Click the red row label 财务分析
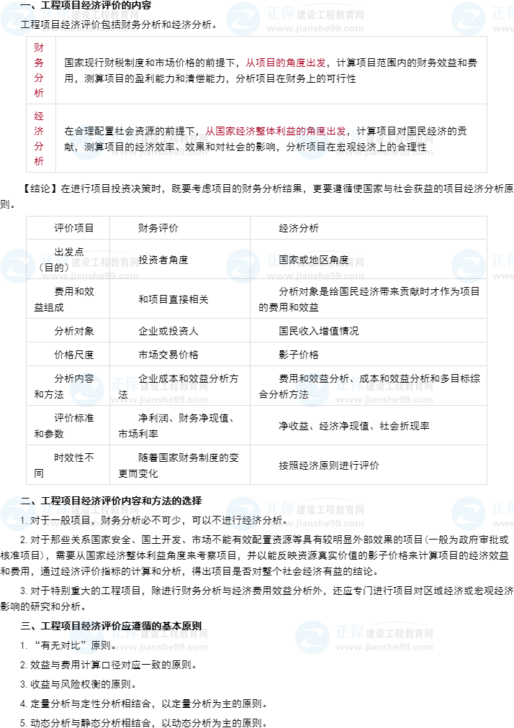tap(39, 70)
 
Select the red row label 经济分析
tap(39, 138)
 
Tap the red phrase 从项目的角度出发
tap(285, 63)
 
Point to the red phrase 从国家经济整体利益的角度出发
tap(276, 131)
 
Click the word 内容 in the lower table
tap(84, 378)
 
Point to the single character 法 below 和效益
tap(303, 394)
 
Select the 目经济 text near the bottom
tap(86, 625)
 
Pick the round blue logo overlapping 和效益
tap(312, 390)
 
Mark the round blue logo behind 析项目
tap(312, 142)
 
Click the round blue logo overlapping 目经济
tap(87, 637)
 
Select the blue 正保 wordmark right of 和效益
tap(350, 384)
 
